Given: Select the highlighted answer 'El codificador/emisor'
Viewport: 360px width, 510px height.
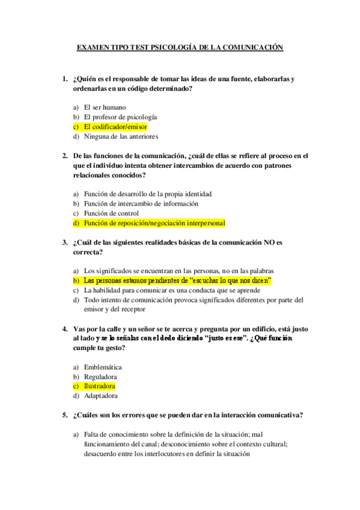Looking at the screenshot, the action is (115, 127).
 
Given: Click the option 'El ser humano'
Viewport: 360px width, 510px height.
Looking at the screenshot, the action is (105, 107).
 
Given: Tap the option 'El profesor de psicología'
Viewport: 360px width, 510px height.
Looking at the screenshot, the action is (120, 117).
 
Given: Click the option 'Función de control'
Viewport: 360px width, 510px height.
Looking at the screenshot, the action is (111, 213).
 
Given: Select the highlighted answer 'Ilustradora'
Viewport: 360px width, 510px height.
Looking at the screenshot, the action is (99, 386).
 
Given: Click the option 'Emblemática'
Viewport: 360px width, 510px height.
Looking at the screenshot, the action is (103, 367).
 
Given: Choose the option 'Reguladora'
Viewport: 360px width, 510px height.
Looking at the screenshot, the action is (100, 376).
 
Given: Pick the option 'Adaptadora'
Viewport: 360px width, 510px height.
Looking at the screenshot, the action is (100, 396).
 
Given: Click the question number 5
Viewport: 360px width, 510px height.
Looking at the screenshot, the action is (65, 415).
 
